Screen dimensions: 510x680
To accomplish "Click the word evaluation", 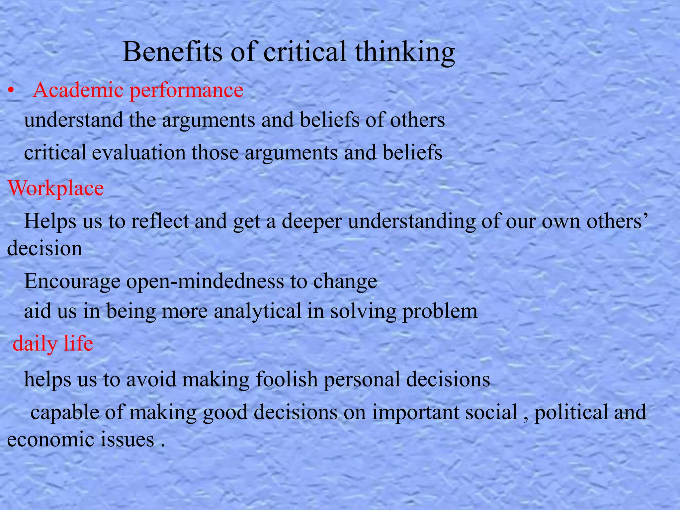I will click(x=139, y=153).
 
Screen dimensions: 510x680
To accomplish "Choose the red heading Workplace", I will click(x=56, y=189).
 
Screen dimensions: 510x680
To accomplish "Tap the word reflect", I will click(x=160, y=221).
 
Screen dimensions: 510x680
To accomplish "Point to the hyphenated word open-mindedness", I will click(x=205, y=282).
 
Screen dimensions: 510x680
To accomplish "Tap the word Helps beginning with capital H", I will click(x=50, y=222).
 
